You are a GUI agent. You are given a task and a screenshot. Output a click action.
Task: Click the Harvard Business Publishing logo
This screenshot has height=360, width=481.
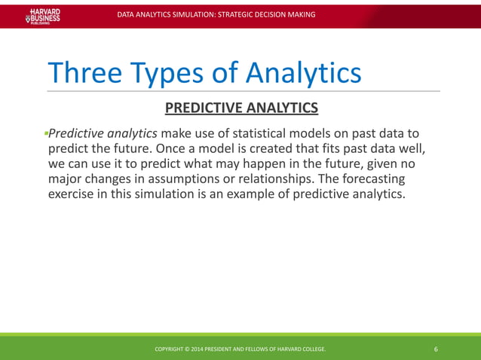43,15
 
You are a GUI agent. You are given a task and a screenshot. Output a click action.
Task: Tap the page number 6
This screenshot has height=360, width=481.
437,349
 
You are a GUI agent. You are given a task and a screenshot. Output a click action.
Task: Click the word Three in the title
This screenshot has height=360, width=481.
84,73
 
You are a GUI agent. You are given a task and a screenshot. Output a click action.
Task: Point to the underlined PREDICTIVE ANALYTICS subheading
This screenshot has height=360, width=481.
241,108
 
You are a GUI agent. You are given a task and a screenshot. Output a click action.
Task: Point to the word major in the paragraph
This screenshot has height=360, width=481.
66,178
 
